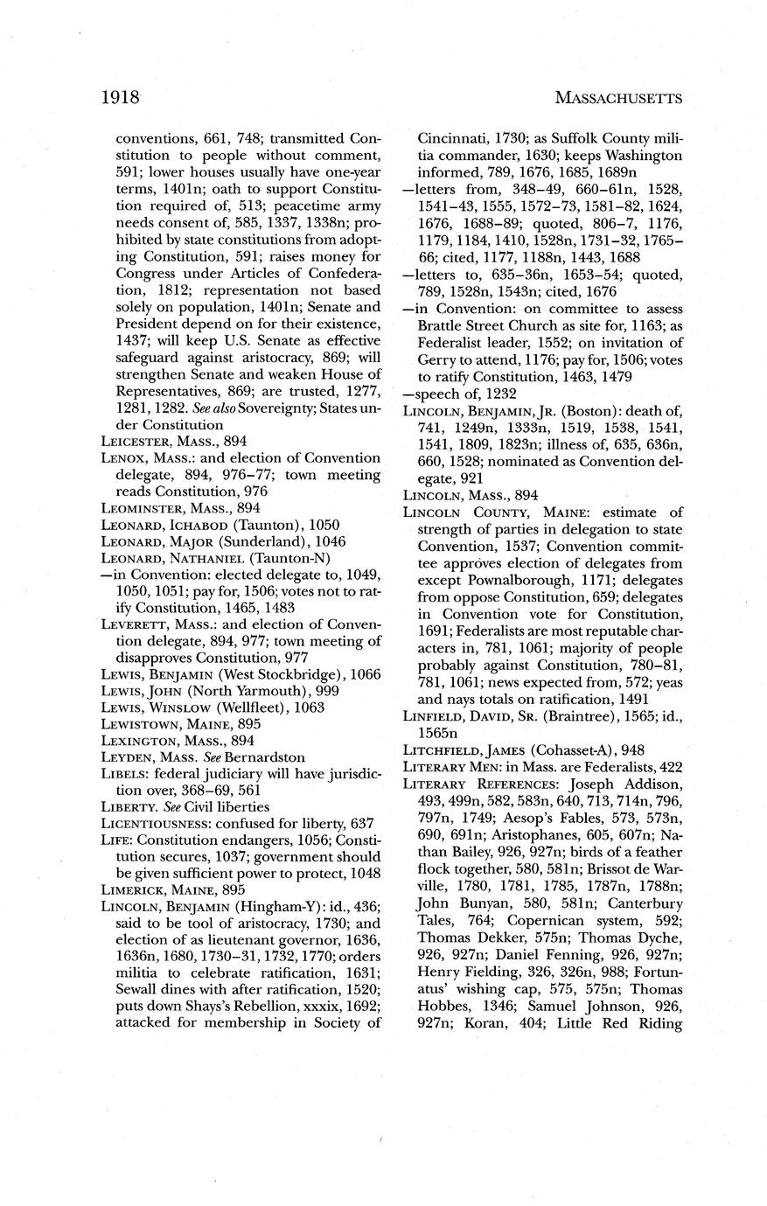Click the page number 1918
pos(121,96)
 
